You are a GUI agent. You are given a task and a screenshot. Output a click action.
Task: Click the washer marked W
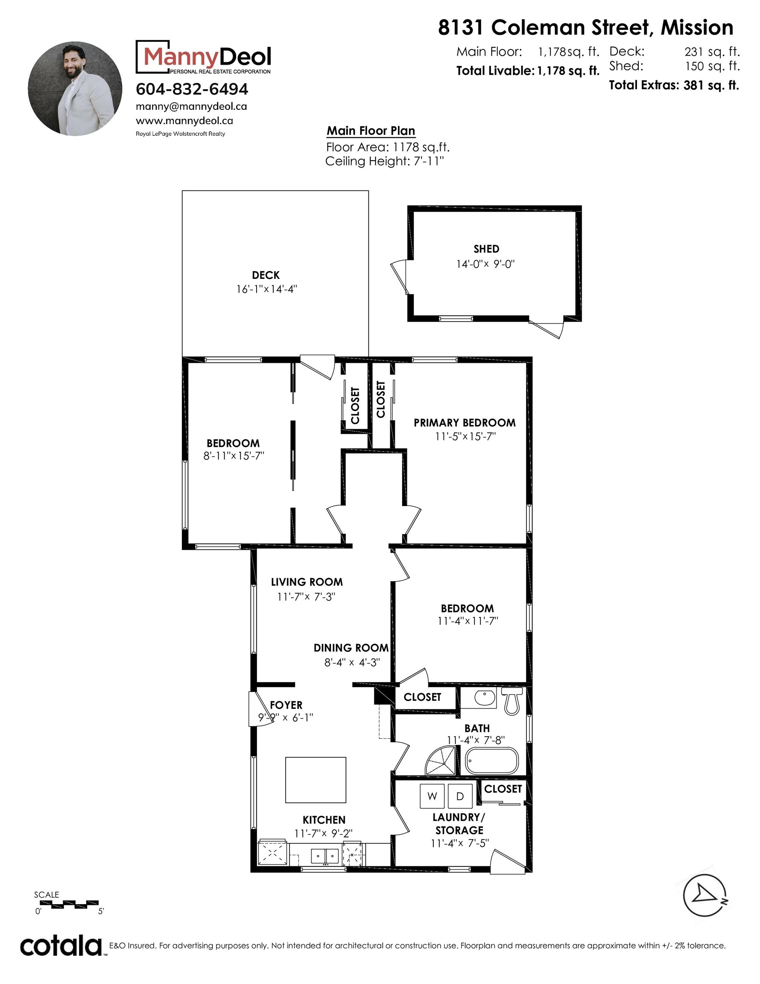coord(432,796)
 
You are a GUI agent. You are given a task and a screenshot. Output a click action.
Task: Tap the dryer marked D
coord(459,796)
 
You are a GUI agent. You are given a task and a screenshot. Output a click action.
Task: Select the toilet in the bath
coord(512,701)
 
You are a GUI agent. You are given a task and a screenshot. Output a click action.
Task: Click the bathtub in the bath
coord(492,761)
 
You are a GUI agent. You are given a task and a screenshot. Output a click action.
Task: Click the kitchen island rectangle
coord(316,779)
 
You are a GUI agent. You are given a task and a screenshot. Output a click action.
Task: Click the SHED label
coord(486,249)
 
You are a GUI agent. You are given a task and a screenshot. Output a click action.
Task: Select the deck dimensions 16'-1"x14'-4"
coord(267,289)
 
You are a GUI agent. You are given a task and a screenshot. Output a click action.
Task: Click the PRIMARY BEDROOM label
coord(465,423)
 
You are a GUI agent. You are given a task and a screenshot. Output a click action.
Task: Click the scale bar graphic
coord(66,903)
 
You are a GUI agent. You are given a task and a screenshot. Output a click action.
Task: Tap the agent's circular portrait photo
coord(75,89)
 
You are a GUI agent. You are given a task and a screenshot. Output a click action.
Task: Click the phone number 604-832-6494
coord(192,89)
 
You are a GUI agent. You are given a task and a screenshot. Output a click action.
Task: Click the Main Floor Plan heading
coord(370,131)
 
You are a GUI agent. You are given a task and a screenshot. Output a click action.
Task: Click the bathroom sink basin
coord(485,697)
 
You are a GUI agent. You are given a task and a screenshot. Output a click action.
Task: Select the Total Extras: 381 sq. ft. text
coord(673,85)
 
